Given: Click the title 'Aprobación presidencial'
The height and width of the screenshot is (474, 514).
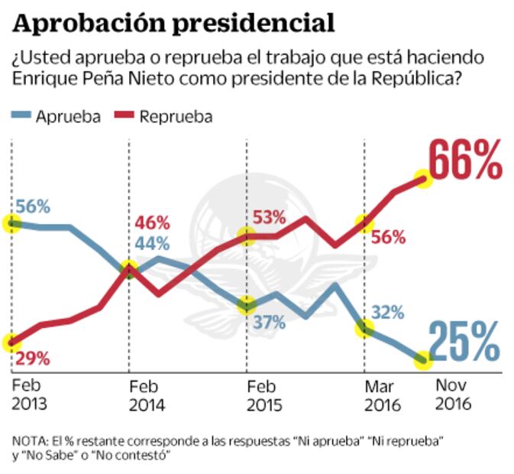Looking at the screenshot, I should (x=174, y=23).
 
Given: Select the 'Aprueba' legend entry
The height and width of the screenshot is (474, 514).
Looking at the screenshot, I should (x=67, y=117).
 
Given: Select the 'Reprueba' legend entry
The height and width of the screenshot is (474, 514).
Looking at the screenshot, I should (x=175, y=117).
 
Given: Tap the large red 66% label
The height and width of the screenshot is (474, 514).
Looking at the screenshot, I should (x=465, y=160).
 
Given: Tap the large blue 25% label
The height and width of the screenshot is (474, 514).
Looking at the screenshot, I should (x=464, y=342).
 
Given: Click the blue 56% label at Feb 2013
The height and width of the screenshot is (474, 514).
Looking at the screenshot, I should (x=34, y=207).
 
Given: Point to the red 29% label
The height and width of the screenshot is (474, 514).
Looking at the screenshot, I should (x=34, y=358).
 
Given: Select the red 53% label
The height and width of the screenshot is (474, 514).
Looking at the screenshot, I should (x=270, y=218).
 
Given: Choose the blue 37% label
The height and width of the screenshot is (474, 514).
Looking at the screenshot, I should (x=269, y=323).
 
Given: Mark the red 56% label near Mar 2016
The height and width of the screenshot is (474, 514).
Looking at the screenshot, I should (x=388, y=238).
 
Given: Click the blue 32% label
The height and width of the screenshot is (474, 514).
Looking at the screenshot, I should (x=388, y=313).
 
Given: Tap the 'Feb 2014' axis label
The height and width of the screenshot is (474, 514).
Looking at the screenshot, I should (x=147, y=396).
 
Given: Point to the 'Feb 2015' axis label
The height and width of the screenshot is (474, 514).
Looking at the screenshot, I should (x=264, y=396).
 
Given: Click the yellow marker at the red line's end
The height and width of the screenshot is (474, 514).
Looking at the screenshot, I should (x=424, y=179).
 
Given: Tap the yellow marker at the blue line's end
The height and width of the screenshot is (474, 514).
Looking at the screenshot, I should (x=422, y=360).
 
